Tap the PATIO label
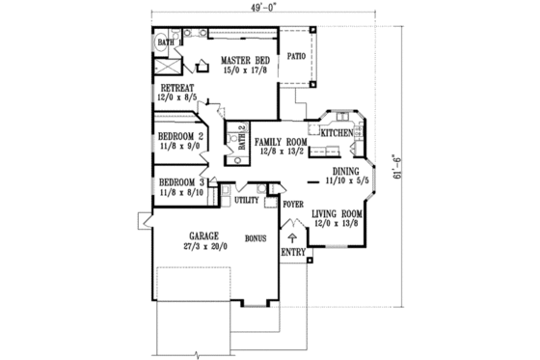296,56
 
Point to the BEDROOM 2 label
180,136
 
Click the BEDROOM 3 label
180,182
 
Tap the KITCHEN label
337,132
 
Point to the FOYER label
293,205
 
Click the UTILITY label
246,201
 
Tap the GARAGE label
203,235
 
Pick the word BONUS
256,235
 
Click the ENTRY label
292,253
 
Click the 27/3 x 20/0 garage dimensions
203,246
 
